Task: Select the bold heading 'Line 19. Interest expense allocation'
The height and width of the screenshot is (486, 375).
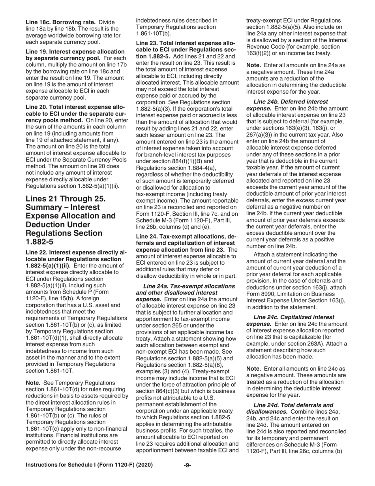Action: (x=75, y=52)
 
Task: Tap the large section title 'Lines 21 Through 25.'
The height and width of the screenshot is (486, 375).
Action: (x=66, y=198)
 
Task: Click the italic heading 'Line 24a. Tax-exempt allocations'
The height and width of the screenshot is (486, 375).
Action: (x=189, y=286)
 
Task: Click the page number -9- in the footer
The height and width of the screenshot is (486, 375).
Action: (x=187, y=465)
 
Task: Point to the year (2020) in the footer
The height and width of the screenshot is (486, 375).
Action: (x=144, y=465)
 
